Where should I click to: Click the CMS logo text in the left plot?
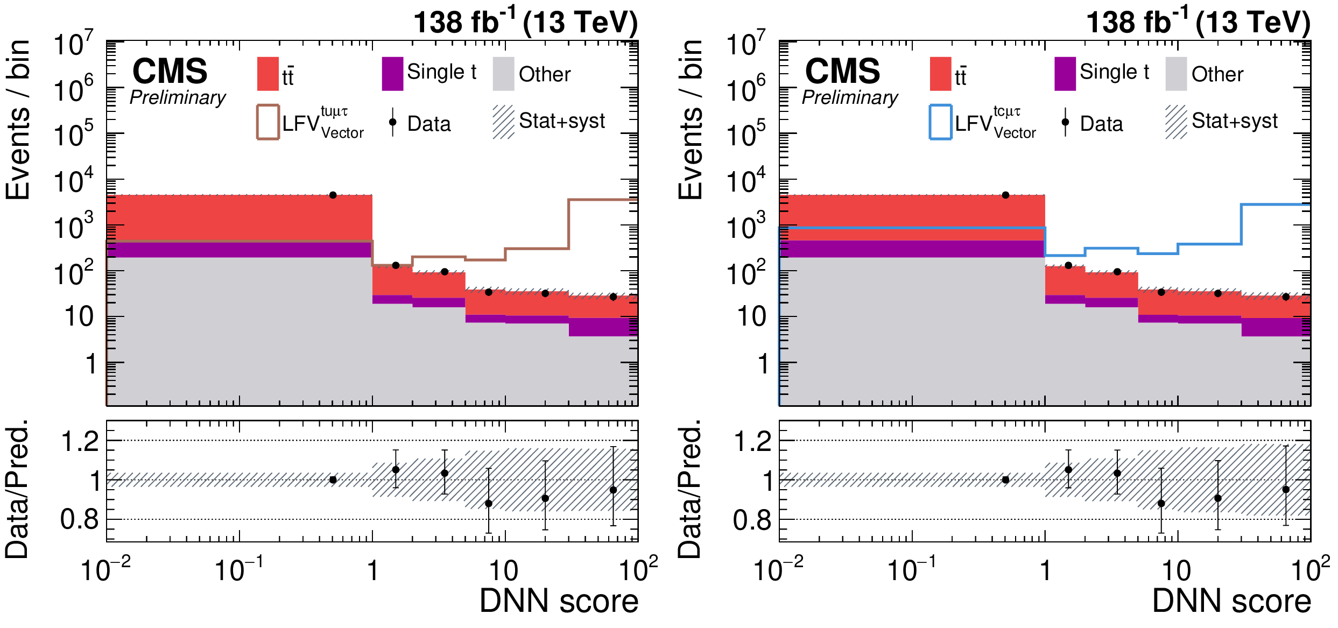coord(170,71)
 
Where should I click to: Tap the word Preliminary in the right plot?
coord(850,97)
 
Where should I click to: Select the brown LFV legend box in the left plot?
coord(267,122)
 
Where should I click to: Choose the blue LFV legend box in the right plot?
coord(940,122)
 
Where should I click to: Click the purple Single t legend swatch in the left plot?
coord(392,74)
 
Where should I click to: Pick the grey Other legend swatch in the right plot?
coord(1176,74)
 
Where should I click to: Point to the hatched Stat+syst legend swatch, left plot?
coord(503,122)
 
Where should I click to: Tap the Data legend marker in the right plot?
coord(1065,122)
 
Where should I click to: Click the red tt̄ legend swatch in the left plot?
coord(267,74)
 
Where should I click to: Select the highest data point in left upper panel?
coord(333,195)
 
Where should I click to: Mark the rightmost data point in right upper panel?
coord(1286,297)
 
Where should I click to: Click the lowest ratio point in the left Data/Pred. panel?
coord(488,504)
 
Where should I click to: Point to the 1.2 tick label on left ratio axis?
coord(80,442)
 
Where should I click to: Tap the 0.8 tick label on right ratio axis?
coord(752,520)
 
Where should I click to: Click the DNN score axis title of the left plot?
coord(559,601)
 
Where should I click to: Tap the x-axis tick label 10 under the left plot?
coord(504,571)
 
